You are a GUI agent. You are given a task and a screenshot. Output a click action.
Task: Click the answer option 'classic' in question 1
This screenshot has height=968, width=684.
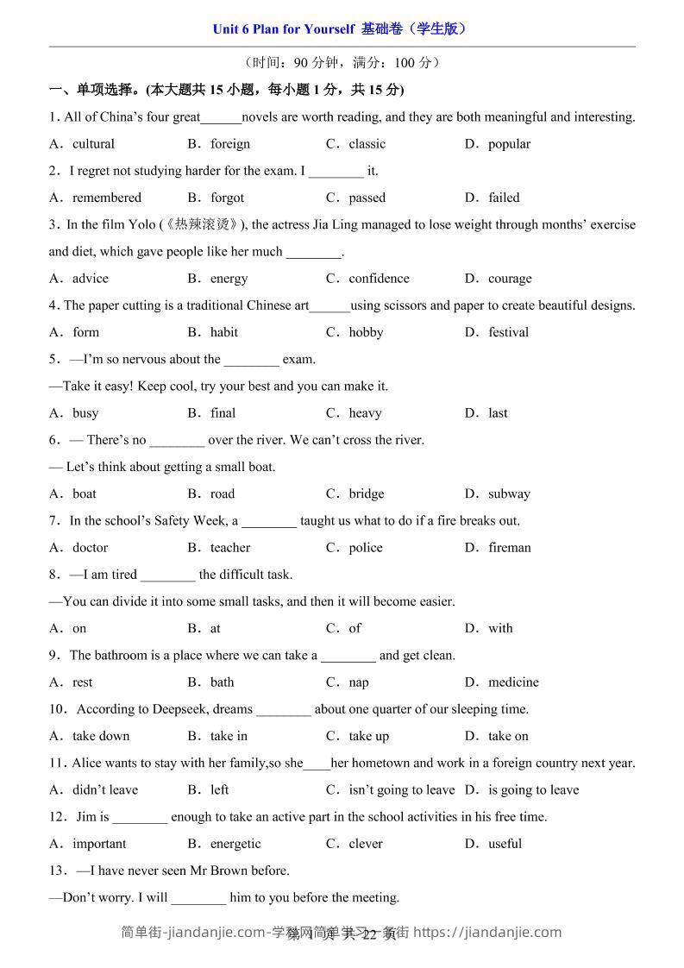click(367, 144)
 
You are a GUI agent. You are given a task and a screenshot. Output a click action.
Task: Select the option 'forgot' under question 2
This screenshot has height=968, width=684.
click(227, 198)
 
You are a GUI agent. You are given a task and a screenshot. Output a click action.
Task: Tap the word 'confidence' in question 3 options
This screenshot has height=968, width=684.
click(379, 279)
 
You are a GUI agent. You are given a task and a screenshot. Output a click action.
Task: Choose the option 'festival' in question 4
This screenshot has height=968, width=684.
click(508, 332)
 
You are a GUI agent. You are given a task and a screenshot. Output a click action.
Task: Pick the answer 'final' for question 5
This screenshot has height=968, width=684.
click(223, 413)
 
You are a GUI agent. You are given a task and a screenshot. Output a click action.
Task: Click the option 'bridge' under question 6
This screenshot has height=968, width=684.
click(367, 494)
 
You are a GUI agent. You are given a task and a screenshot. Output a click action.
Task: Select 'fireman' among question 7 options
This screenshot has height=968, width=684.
click(509, 548)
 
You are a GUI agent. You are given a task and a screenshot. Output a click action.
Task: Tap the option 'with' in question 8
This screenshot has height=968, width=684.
click(500, 629)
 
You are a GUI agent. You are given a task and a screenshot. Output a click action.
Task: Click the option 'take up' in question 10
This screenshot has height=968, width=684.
click(368, 736)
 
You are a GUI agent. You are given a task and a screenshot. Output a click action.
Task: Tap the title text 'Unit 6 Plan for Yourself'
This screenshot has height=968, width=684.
click(283, 28)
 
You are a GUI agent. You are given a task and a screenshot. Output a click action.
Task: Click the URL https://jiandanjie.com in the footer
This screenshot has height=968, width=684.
click(488, 932)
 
